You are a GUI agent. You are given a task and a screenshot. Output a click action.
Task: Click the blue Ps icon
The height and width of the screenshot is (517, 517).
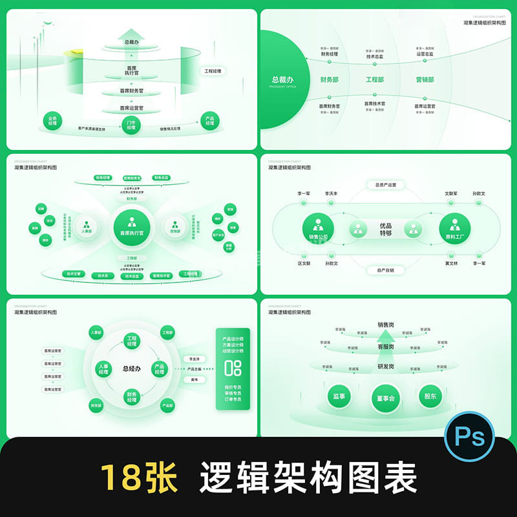click(470, 438)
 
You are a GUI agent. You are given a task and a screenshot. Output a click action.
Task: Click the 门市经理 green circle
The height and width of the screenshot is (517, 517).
click(131, 125)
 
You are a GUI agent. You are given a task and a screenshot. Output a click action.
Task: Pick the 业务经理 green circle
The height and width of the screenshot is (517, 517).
click(53, 121)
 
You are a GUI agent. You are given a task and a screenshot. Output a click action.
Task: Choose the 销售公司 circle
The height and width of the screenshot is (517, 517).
click(318, 229)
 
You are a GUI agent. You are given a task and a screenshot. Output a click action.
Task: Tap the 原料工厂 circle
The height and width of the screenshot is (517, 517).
click(454, 229)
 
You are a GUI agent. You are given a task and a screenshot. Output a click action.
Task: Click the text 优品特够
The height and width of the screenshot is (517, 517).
click(386, 229)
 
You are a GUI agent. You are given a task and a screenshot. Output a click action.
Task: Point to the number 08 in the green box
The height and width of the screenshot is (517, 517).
click(233, 368)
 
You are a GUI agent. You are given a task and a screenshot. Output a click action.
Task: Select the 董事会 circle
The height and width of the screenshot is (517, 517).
click(386, 398)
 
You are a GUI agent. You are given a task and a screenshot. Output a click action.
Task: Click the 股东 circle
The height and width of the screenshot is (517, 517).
click(430, 396)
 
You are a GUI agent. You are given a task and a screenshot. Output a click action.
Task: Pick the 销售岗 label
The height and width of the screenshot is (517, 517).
click(386, 325)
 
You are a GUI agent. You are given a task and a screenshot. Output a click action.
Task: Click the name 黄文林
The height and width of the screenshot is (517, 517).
click(451, 264)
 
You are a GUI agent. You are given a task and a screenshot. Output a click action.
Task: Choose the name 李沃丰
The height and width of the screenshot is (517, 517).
click(332, 193)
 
